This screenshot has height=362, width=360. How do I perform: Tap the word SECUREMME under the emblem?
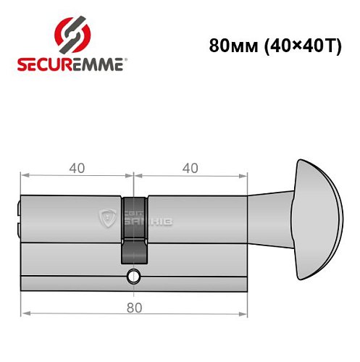click(71, 64)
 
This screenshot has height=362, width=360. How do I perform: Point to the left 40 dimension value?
click(76, 168)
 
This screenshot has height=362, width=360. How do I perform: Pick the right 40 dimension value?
click(190, 168)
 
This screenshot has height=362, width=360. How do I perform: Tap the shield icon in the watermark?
click(108, 215)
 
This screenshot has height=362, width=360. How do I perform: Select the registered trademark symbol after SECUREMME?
click(127, 59)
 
